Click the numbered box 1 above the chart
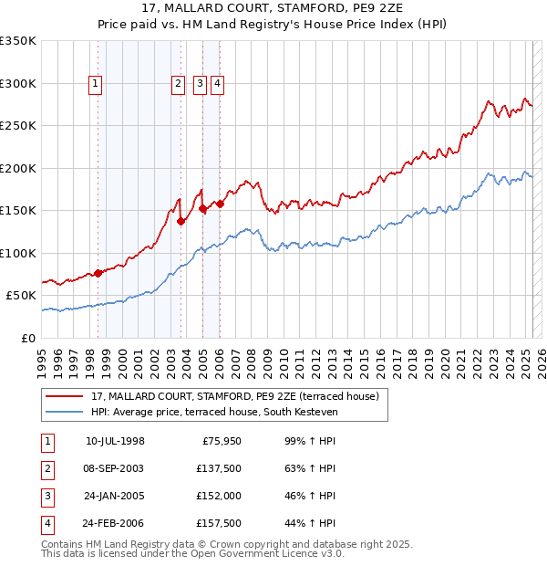96,84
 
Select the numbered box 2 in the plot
178,84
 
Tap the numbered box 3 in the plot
200,84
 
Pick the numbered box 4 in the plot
219,84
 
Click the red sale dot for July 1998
98,273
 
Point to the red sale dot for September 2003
181,221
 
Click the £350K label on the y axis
18,41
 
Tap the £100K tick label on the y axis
18,253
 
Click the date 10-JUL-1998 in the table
115,442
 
